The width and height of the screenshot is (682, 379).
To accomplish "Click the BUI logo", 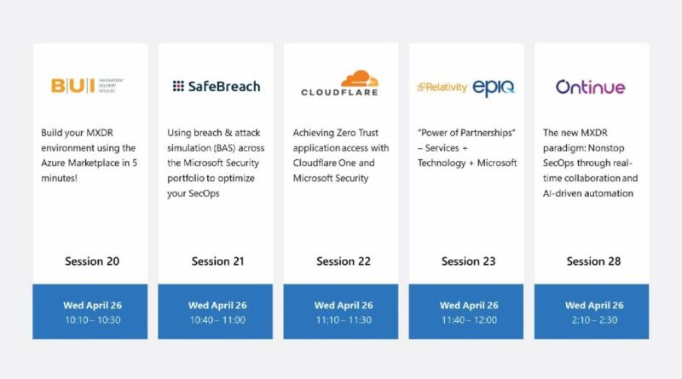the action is tap(88, 86).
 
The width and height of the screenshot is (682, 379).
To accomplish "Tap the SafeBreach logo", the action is tap(217, 86).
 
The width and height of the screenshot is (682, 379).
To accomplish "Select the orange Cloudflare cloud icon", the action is tap(360, 78).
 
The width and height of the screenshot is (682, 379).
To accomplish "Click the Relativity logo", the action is tap(442, 88).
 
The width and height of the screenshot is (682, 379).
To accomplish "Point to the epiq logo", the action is tap(494, 89).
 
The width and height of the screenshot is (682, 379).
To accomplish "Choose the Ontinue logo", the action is tap(590, 87).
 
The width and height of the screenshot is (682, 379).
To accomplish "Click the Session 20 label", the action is tap(92, 261).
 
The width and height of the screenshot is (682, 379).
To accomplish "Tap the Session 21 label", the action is tap(218, 261).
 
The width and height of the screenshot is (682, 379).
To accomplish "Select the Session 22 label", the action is tap(344, 261).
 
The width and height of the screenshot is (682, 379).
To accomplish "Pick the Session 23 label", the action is tap(468, 261).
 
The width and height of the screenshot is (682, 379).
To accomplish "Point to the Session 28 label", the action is tap(593, 261).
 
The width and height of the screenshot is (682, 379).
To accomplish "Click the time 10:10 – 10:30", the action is tap(93, 320).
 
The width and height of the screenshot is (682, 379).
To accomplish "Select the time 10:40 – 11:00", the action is tap(217, 320).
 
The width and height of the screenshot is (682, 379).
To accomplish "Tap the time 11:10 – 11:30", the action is tap(344, 320).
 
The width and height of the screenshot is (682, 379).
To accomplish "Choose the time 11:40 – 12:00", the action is tap(469, 320).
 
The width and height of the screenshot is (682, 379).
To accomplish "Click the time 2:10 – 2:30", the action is tap(594, 320).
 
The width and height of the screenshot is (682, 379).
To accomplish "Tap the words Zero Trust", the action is tap(357, 133).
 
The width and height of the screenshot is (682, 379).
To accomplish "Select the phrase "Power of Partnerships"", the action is tap(466, 133).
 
